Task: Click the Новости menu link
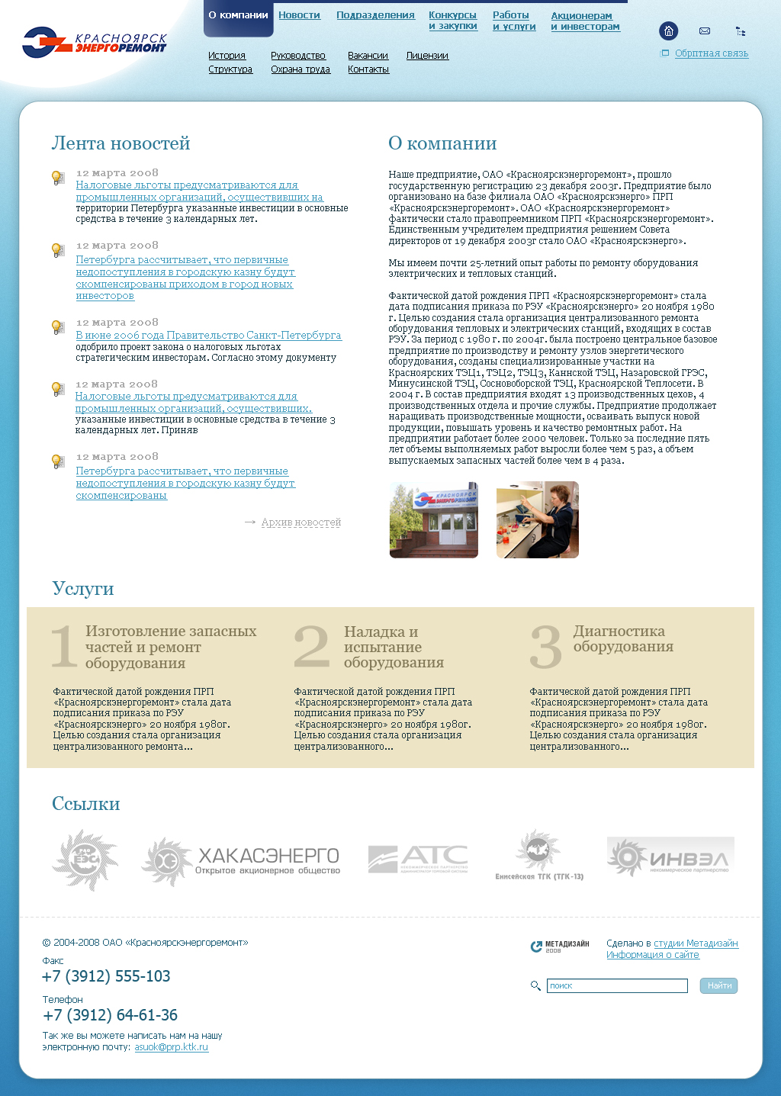coord(299,15)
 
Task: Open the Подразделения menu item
coord(375,15)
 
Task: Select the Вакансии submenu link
coord(368,56)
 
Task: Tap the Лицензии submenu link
coord(427,56)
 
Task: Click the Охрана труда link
coord(301,69)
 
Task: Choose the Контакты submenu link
coord(368,69)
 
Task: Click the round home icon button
coord(668,31)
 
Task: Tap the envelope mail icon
coord(705,31)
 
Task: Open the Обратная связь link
coord(711,53)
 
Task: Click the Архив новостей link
coord(301,522)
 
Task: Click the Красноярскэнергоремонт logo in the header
coord(94,43)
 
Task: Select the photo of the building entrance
coord(433,519)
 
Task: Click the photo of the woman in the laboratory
coord(538,519)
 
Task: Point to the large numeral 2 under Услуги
coord(311,646)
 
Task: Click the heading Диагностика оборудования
coord(622,639)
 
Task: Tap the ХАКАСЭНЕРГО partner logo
coord(242,861)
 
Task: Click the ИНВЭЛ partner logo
coord(670,857)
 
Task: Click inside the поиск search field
coord(617,986)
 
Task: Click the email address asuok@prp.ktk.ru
coord(171,1047)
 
